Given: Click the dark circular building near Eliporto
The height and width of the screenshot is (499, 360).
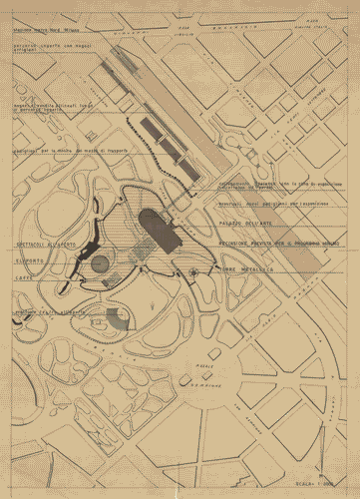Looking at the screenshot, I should point(100,263).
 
